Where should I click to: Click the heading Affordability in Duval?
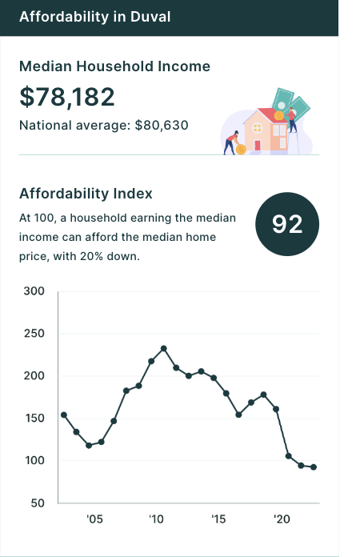[x=94, y=17]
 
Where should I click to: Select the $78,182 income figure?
[x=67, y=97]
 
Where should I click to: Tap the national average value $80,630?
[x=162, y=126]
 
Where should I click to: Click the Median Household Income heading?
[x=114, y=66]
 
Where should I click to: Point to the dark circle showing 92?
[x=287, y=224]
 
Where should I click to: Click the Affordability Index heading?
[x=86, y=194]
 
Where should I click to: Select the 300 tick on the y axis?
[x=34, y=291]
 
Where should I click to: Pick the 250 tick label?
[x=34, y=334]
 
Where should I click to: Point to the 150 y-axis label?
[x=34, y=418]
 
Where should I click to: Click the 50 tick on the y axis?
[x=38, y=503]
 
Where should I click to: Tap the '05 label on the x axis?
[x=94, y=519]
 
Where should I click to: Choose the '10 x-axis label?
[x=156, y=519]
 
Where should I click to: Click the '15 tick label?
[x=218, y=519]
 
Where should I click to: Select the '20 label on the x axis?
[x=282, y=519]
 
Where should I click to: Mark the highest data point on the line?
[x=164, y=349]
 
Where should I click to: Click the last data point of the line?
[x=314, y=467]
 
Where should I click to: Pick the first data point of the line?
[x=64, y=415]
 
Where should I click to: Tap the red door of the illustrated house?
[x=258, y=146]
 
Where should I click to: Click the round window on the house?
[x=258, y=127]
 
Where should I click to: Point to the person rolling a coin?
[x=231, y=142]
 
